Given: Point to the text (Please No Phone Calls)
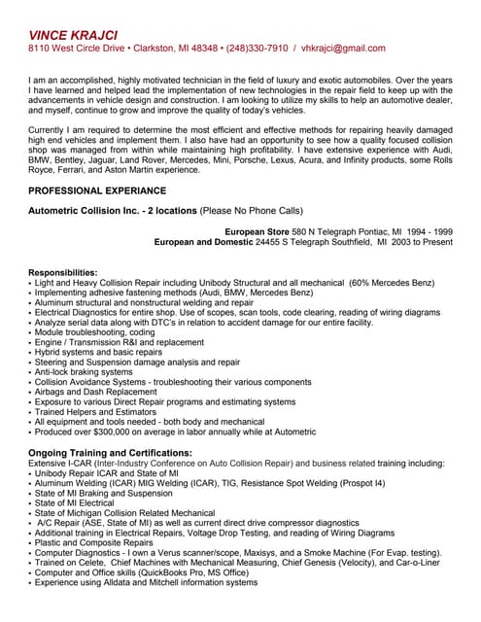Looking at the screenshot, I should point(252,210).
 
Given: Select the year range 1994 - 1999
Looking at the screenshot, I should point(429,232).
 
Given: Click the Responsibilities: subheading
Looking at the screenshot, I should point(63,272).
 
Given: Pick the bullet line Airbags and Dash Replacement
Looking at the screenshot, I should point(95,392).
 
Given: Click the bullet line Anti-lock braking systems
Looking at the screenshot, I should point(84,371).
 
